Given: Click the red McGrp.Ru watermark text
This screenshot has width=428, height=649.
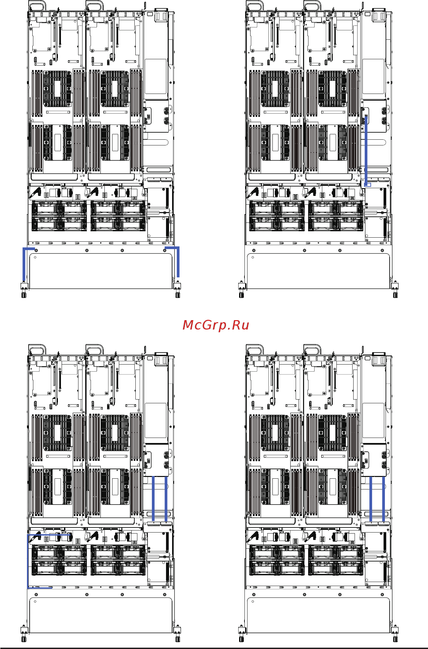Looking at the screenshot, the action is pos(216,325).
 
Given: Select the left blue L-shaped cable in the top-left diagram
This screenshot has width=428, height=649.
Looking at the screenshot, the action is pos(27,264).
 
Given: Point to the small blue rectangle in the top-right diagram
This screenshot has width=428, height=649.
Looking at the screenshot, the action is pos(368,185).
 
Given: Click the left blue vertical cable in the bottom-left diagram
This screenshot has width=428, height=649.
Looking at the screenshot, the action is pos(153,499).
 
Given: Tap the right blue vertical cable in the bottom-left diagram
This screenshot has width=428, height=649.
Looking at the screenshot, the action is pos(166,499).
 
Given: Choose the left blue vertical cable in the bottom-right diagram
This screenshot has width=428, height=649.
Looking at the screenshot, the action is pos(371,499).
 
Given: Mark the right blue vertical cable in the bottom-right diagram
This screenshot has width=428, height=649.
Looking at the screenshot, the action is pos(384,499).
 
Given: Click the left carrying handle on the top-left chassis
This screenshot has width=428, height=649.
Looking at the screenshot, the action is pos(37,6).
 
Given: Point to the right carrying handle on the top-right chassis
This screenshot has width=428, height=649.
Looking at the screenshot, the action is pos(312,6).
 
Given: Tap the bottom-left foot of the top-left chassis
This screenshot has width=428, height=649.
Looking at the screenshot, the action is pos(24,291).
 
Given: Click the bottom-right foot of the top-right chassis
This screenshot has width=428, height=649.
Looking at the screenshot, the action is pos(395,291).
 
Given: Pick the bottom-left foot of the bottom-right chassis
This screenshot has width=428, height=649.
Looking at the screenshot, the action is pos(241,635).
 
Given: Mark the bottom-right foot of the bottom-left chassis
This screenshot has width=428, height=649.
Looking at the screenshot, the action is pos(177,635).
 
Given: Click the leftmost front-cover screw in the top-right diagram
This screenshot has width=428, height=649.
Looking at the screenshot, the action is pos(254,250).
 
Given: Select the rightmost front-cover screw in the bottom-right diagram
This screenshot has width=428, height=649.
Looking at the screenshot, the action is pos(382,594).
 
